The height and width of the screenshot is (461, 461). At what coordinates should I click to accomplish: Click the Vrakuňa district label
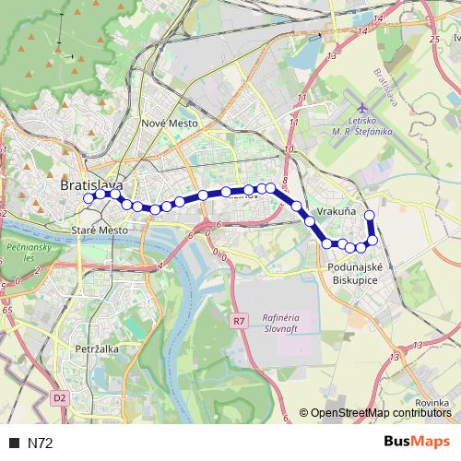point(337,212)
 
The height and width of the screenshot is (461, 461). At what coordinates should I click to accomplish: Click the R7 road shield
point(240,321)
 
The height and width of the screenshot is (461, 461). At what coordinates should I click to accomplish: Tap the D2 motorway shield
point(60,398)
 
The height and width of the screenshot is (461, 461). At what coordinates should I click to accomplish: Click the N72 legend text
point(41,443)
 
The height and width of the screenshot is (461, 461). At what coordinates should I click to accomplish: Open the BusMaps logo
point(418,443)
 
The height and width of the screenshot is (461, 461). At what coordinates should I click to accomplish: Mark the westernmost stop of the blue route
point(89,197)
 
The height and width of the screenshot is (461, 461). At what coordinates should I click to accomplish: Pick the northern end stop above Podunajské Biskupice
point(370,216)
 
